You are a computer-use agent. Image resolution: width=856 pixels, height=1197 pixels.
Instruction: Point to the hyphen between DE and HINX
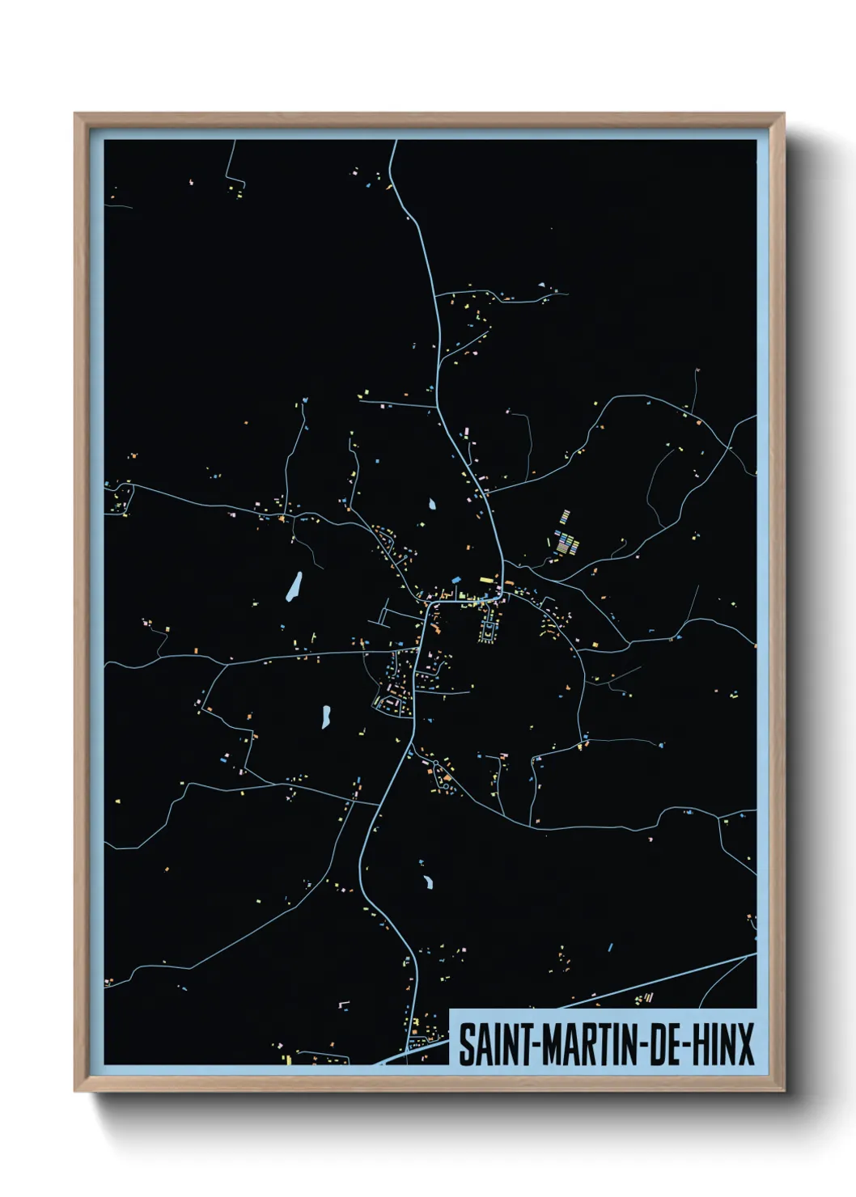(684, 1045)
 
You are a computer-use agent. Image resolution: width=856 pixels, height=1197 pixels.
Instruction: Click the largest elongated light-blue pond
(295, 586)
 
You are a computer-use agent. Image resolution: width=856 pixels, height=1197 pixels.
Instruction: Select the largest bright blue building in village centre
(455, 580)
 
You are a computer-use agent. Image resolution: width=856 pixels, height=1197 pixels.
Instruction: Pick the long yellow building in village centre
(485, 579)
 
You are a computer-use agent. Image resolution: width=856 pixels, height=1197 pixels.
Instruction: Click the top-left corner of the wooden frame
(75, 114)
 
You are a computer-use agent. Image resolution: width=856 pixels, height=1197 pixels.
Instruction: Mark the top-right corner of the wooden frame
(784, 114)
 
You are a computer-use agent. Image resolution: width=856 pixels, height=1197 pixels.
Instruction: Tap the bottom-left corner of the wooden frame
(75, 1091)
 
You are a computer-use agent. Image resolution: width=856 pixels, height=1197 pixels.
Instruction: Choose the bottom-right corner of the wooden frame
(784, 1091)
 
